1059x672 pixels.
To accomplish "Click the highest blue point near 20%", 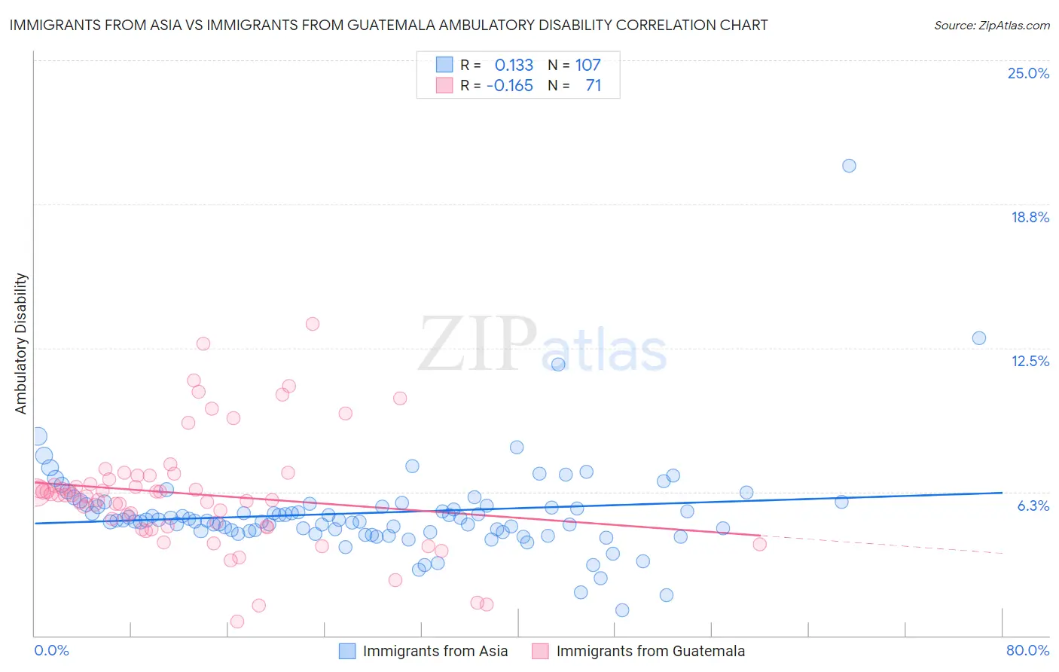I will coord(849,166).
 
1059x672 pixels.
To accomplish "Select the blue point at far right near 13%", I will coord(978,338).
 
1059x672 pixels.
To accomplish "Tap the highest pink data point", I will coord(313,324).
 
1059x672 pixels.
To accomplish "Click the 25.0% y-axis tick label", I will coord(1028,73).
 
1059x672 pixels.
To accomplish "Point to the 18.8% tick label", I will coord(1030,217).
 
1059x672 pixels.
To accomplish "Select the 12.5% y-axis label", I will coord(1030,361).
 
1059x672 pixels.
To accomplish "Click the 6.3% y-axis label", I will coord(1033,506).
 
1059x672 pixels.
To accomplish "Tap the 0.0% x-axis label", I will coord(52,650).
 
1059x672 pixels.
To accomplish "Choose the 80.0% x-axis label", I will coord(1027,650).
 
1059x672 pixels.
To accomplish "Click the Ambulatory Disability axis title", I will coord(21,344).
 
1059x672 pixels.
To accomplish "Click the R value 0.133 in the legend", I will coord(514,66).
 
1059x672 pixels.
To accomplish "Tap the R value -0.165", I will coord(510,86).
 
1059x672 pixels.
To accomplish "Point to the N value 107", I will coord(587,66).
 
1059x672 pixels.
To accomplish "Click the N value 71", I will coord(593,86).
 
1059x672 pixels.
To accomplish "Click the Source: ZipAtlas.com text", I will coord(991,25).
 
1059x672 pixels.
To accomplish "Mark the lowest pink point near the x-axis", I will coord(237,622).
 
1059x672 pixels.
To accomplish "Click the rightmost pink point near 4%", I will coord(759,545).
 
